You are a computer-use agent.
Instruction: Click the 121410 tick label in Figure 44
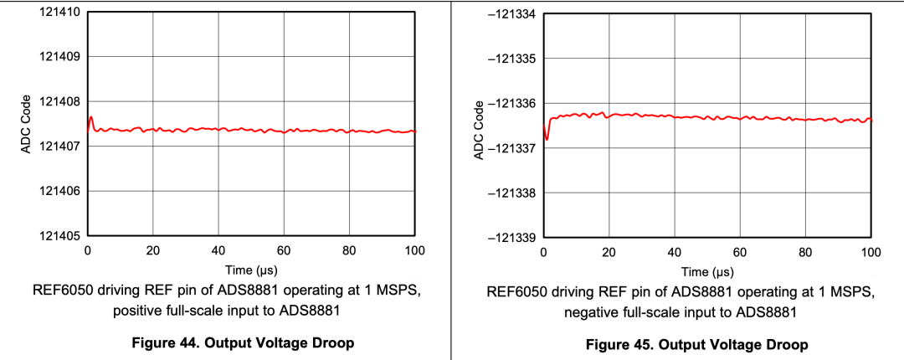click(x=58, y=13)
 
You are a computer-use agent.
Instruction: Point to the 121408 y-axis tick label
click(x=58, y=101)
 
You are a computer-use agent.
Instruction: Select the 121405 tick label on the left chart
click(x=58, y=235)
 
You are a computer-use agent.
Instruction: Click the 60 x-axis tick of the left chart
click(x=284, y=250)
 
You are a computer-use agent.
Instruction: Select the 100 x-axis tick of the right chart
click(x=871, y=252)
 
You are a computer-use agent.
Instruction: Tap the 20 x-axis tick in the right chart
click(x=609, y=252)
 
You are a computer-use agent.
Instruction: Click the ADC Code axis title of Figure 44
click(x=25, y=125)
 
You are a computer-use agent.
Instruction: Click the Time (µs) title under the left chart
click(x=251, y=270)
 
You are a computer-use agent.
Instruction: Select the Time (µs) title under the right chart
click(x=707, y=272)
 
